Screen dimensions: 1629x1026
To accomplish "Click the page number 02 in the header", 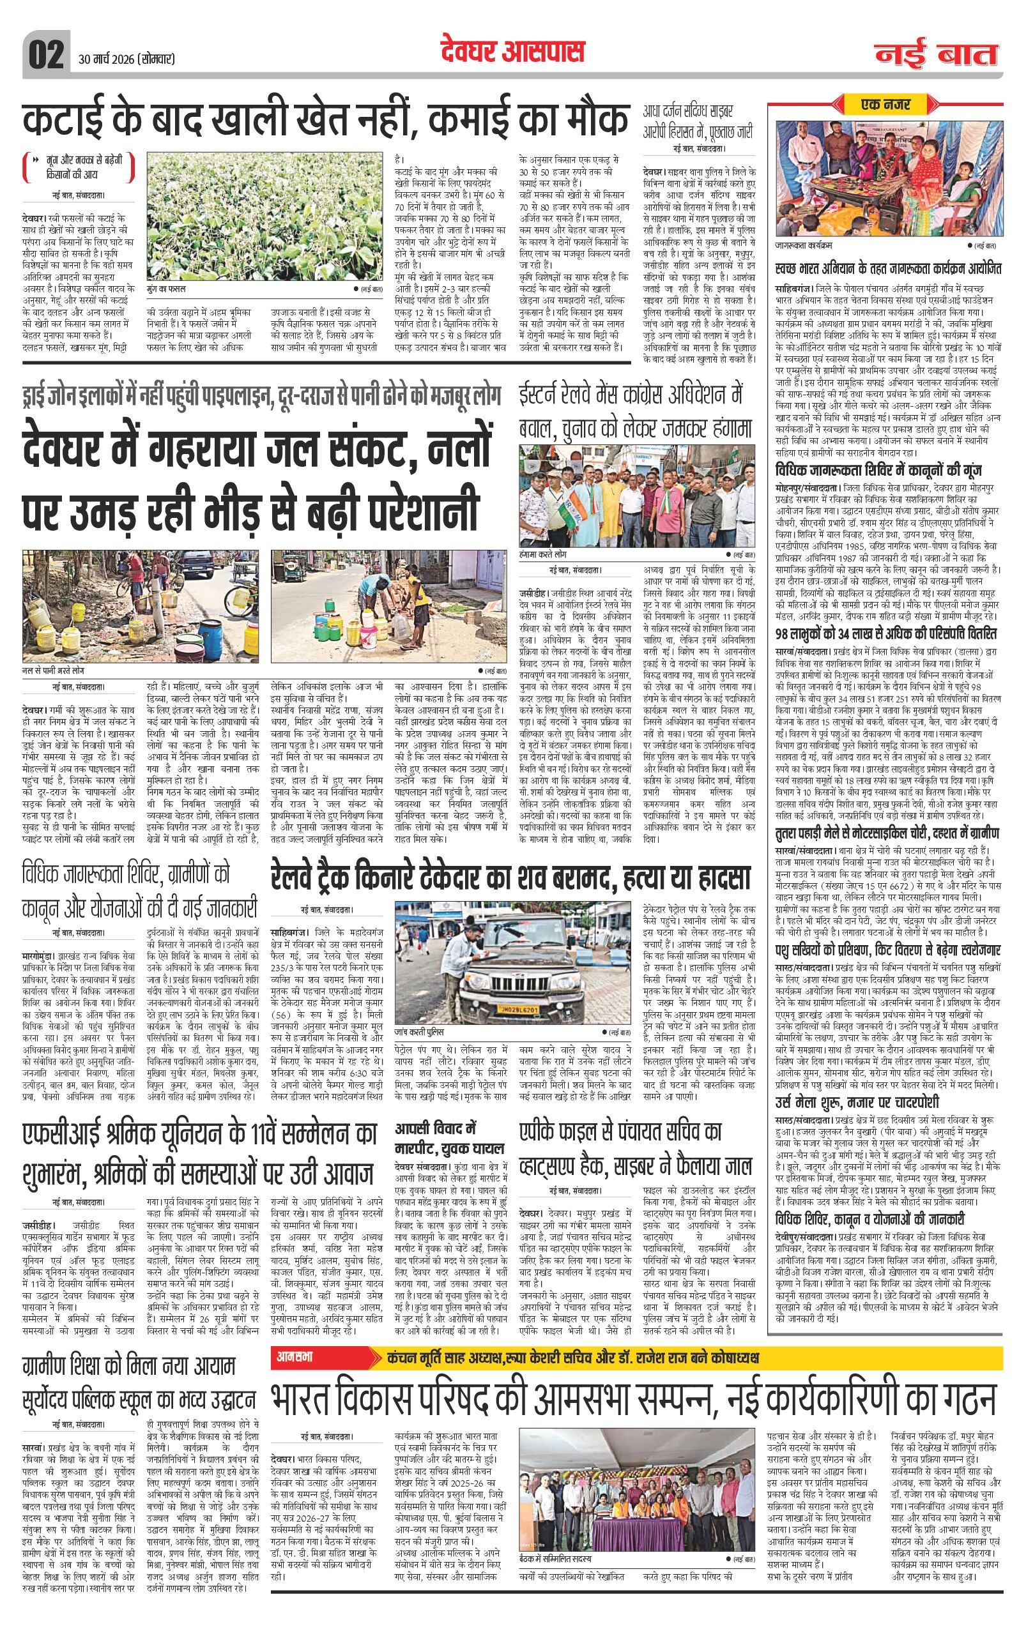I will click(45, 53).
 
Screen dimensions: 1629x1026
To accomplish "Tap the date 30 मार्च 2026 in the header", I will click(126, 59).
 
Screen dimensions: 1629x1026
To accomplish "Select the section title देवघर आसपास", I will click(512, 52).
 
